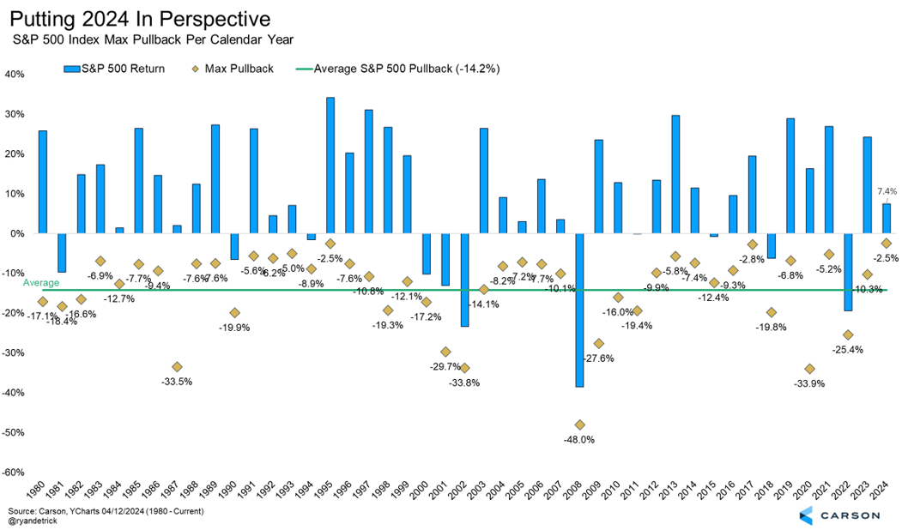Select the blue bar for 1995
coord(330,165)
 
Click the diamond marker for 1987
coord(177,367)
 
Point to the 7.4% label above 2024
coord(886,190)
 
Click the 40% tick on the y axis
coord(15,74)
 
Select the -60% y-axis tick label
coord(13,472)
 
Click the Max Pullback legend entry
coord(237,68)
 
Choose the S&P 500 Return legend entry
coord(116,68)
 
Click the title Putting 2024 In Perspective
coord(141,18)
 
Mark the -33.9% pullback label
coord(809,383)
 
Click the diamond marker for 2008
coord(580,425)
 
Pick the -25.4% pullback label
coord(847,350)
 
